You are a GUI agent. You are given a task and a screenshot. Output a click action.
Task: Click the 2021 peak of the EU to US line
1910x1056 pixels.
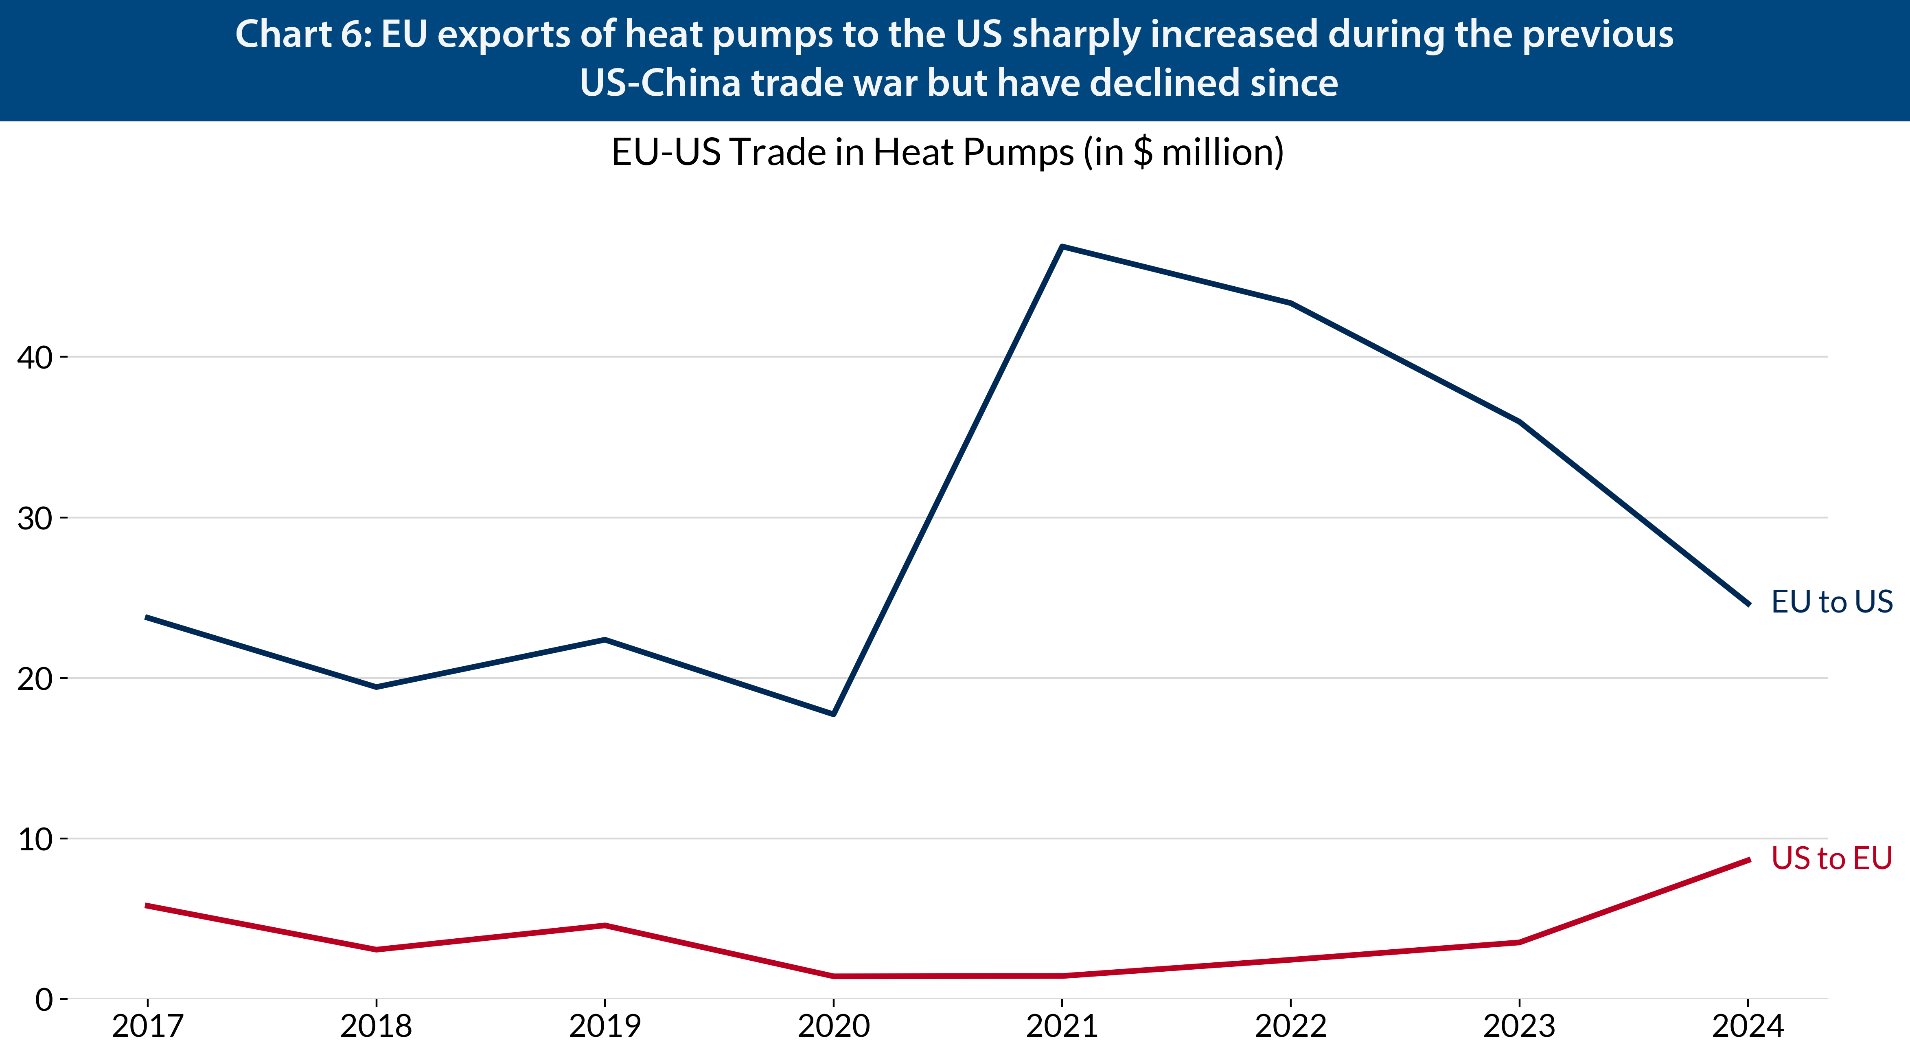click(1062, 246)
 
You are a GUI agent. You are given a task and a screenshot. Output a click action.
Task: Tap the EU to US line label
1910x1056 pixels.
click(1831, 602)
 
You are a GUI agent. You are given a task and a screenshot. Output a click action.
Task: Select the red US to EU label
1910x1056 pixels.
click(1831, 858)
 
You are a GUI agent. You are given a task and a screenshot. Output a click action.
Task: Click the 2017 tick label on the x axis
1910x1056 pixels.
click(147, 1026)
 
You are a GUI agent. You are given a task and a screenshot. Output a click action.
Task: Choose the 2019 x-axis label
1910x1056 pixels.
click(605, 1026)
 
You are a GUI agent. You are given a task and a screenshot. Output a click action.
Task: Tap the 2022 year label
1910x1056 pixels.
click(1291, 1026)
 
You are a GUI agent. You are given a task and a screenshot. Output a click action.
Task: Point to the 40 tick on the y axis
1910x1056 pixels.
click(35, 358)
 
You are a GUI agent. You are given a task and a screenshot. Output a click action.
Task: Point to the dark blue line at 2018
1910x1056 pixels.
click(377, 687)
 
